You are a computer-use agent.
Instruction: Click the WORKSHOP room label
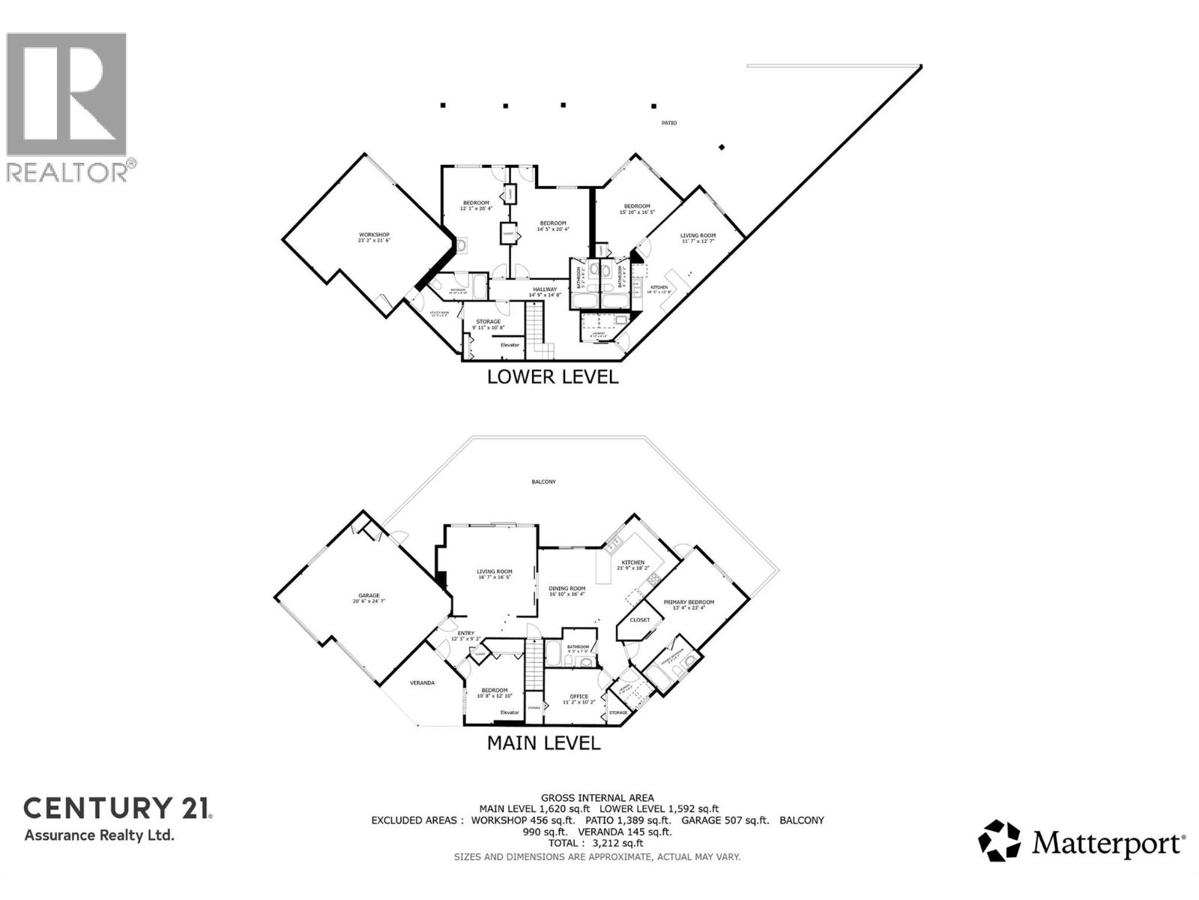374,235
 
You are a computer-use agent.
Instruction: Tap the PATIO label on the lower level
668,123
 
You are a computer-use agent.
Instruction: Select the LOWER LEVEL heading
552,376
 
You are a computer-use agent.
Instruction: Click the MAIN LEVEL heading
543,742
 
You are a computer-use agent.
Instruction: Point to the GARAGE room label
369,596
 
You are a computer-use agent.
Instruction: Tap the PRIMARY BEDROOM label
689,602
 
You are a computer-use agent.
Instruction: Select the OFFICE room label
579,697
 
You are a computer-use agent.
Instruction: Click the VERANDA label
422,682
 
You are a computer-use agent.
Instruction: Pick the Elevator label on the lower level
510,345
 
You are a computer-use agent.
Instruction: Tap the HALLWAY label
545,289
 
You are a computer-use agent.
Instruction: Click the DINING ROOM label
567,589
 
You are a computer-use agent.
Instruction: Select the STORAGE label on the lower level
488,322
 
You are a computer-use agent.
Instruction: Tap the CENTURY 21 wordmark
118,808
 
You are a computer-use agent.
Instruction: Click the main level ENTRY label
465,633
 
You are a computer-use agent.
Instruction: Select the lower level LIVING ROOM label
698,235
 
